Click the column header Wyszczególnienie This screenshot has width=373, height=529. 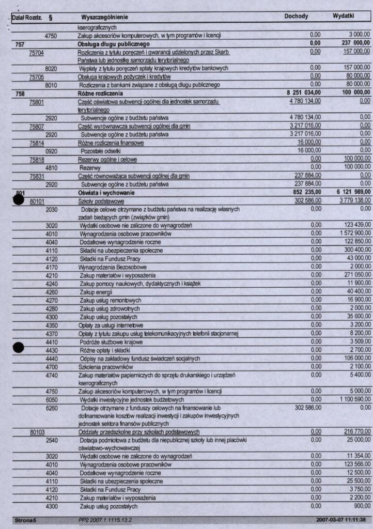104,17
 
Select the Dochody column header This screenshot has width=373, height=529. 296,17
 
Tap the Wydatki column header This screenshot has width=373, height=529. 343,17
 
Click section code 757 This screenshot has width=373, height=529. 19,44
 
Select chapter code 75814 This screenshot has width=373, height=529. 37,142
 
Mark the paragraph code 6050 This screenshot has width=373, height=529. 51,400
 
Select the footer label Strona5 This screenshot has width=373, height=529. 23,519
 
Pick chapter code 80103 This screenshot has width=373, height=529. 37,431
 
